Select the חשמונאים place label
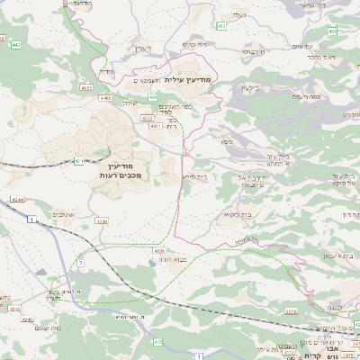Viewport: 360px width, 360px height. [x=146, y=82]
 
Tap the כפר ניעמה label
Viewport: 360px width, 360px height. [x=307, y=96]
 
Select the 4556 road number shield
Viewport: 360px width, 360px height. [x=159, y=251]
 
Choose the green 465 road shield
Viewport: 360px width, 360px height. [x=332, y=31]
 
